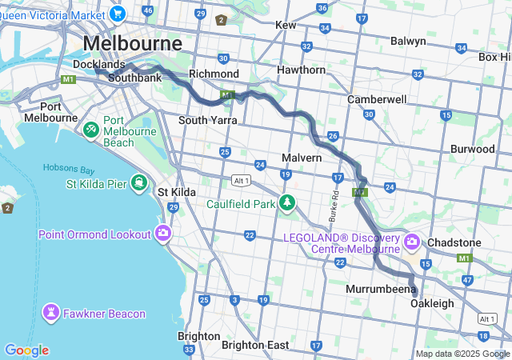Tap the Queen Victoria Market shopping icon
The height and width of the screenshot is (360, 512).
click(x=118, y=13)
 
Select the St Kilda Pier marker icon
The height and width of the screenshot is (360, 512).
click(x=140, y=184)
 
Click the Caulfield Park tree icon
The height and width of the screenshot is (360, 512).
click(x=286, y=203)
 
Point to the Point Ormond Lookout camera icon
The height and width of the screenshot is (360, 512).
click(x=163, y=234)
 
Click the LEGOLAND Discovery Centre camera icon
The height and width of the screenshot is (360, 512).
click(x=412, y=241)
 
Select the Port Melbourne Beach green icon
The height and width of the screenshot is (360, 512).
click(x=91, y=129)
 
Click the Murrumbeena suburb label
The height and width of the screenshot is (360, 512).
click(x=382, y=288)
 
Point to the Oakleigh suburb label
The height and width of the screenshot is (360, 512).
click(x=432, y=303)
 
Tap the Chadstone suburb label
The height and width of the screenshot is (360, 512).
click(x=454, y=242)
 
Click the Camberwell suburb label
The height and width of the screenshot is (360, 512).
click(x=377, y=99)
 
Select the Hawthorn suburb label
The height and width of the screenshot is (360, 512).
click(x=300, y=70)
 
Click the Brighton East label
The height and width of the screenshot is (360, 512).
click(x=255, y=345)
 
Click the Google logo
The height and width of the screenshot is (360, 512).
click(x=26, y=350)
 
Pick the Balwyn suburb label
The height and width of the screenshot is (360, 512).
click(x=408, y=41)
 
